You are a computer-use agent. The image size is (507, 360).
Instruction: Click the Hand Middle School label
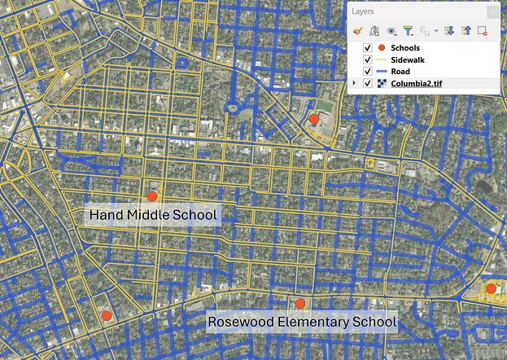[x=153, y=215]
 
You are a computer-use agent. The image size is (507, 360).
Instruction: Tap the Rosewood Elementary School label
[x=302, y=322]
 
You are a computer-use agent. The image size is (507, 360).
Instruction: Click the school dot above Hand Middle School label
[x=152, y=196]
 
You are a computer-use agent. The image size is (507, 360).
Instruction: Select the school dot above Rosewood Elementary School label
[x=300, y=304]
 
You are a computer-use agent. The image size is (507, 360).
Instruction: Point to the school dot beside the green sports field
[x=314, y=119]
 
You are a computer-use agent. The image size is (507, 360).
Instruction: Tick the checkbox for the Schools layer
[x=367, y=49]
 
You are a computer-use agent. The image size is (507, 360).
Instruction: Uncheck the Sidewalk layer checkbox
[x=367, y=60]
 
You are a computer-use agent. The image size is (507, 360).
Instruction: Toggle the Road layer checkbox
[x=367, y=72]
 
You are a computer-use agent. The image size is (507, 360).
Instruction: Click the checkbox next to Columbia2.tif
[x=367, y=83]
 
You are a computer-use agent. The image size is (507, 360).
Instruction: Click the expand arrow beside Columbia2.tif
[x=354, y=83]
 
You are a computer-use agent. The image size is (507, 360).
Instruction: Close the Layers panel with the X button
[x=492, y=11]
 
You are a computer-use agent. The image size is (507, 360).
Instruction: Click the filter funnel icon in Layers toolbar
[x=409, y=31]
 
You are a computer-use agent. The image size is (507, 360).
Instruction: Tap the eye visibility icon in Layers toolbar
[x=391, y=31]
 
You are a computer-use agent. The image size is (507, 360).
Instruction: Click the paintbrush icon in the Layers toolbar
[x=356, y=31]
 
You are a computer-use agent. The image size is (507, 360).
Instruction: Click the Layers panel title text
[x=363, y=11]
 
